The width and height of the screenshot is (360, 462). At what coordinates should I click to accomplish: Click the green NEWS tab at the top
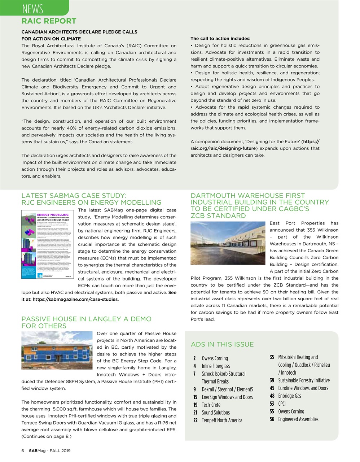pos(32,8)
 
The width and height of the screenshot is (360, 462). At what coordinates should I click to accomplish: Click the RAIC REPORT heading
pos(49,21)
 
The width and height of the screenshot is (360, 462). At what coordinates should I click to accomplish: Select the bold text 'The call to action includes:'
pos(220,39)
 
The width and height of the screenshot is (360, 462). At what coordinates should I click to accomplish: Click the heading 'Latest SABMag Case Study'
pos(74,196)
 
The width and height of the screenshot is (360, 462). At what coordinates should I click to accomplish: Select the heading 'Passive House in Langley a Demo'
pos(86,319)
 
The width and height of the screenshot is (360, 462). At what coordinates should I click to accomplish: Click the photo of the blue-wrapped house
pos(57,350)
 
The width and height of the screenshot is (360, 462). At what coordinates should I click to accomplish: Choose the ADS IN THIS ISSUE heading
pos(222,344)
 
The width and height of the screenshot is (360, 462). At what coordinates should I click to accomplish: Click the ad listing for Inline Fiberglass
pos(216,366)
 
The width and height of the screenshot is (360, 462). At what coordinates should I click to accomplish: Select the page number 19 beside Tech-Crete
pos(194,405)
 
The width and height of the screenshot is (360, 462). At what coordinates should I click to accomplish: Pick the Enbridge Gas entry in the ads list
pos(289,396)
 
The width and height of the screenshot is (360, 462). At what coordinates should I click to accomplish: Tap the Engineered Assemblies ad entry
pos(298,419)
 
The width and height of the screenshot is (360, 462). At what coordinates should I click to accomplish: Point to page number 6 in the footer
pos(23,451)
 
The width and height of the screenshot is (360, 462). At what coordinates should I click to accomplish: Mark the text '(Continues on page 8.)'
pos(46,436)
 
